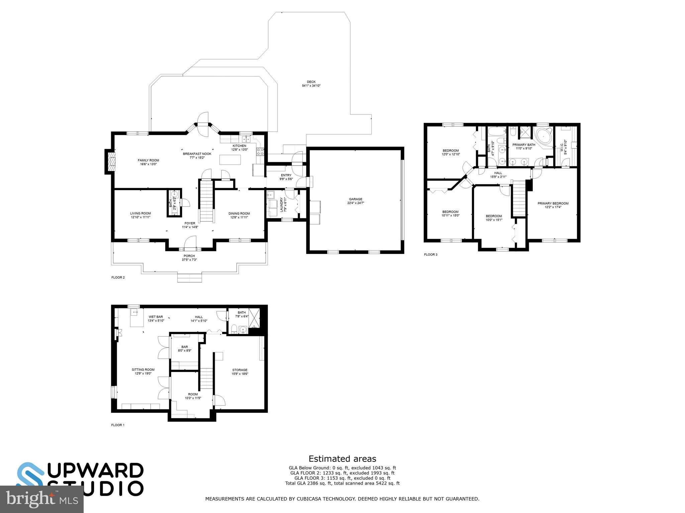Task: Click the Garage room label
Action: click(x=356, y=199)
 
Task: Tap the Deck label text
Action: click(x=311, y=82)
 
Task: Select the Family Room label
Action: click(x=148, y=160)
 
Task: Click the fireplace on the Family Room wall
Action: click(x=111, y=162)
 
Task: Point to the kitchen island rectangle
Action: click(x=230, y=160)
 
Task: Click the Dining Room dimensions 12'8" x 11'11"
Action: click(x=239, y=217)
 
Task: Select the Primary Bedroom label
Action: click(x=553, y=203)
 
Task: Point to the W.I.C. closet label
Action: click(x=562, y=147)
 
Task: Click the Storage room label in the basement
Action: click(x=240, y=370)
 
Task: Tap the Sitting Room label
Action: click(x=143, y=369)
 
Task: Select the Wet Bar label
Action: click(x=156, y=317)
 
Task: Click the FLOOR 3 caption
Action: click(x=430, y=254)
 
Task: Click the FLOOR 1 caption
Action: click(x=118, y=425)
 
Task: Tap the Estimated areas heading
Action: click(x=342, y=459)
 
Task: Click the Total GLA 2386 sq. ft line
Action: click(x=342, y=483)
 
